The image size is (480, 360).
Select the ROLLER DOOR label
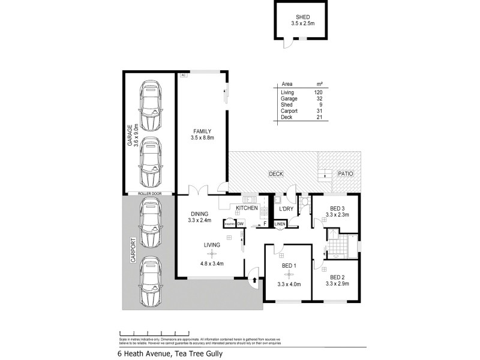(149, 193)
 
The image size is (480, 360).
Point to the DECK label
(276, 174)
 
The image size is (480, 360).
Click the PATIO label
(345, 174)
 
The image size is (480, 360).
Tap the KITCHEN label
(247, 208)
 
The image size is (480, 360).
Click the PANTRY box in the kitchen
(229, 224)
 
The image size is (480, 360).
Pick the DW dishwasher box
(241, 224)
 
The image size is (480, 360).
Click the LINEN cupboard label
(280, 224)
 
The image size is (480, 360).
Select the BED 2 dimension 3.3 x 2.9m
(337, 283)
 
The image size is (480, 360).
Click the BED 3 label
(337, 207)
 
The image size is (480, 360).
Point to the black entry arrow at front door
(254, 279)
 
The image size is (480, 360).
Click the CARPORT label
(128, 254)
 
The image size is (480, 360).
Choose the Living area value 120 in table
(317, 92)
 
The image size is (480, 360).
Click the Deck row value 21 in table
(319, 117)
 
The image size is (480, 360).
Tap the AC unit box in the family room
(184, 75)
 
